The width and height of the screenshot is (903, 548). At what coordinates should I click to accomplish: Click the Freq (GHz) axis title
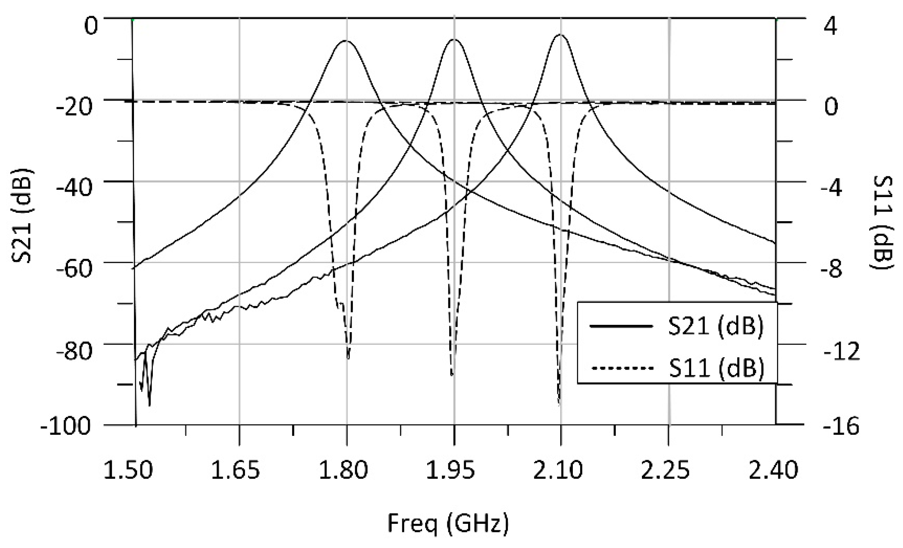click(x=448, y=523)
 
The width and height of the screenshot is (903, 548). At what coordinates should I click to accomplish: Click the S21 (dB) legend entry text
click(x=716, y=327)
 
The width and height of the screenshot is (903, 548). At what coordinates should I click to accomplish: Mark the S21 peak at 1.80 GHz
click(x=346, y=41)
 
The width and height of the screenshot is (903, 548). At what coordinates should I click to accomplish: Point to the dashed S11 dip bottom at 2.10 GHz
click(x=559, y=403)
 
